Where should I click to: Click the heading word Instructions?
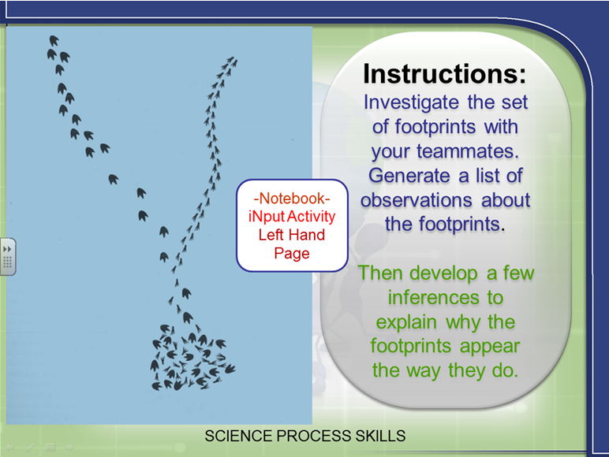click(445, 73)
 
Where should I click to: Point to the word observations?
click(416, 200)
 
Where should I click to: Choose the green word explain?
click(406, 323)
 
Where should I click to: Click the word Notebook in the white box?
click(292, 199)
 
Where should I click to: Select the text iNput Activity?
click(292, 217)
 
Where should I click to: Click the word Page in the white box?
click(292, 254)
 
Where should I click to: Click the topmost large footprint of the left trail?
click(54, 40)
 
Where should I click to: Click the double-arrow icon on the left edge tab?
click(7, 249)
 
